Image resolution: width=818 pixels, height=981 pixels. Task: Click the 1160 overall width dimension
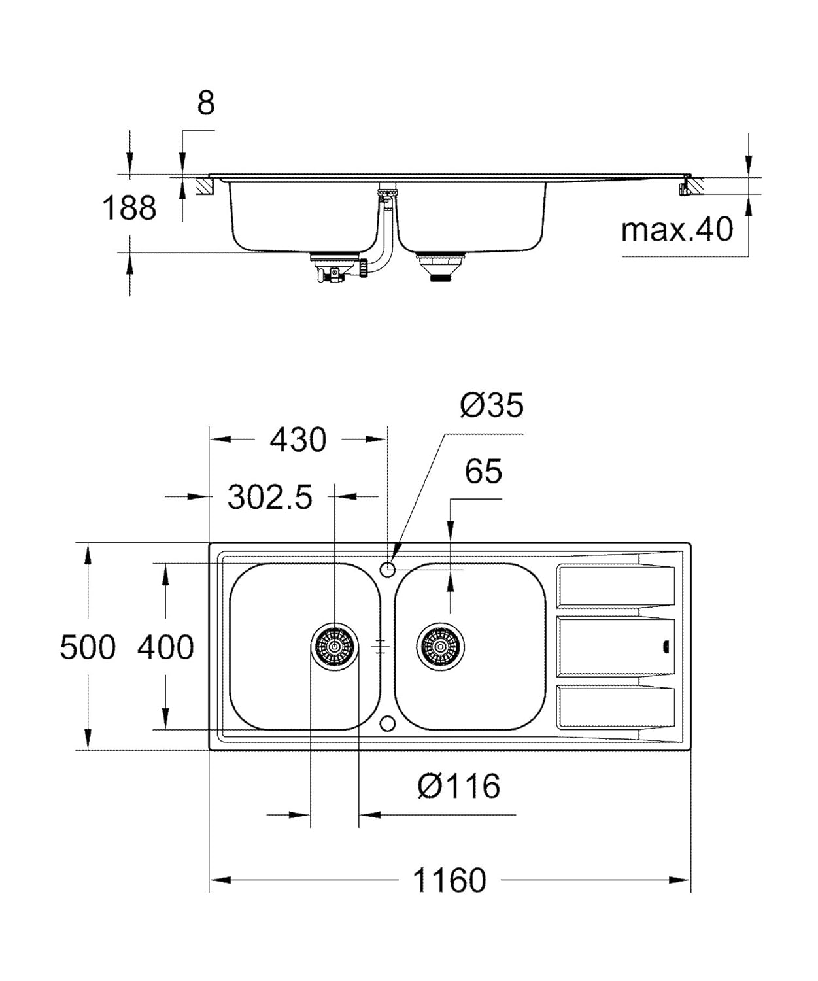coord(449,880)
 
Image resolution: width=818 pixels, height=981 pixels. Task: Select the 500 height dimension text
coord(87,647)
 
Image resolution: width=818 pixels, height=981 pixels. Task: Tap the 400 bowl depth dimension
coord(165,647)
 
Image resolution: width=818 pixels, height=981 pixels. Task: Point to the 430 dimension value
coord(298,440)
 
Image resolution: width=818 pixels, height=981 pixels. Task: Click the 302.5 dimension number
coord(269,498)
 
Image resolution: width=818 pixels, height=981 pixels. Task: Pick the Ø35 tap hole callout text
coord(492,405)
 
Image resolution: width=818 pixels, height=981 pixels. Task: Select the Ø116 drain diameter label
coord(459,786)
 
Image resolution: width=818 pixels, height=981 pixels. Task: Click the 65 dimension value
coord(483,472)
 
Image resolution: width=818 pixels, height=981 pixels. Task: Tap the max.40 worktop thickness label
coord(677,230)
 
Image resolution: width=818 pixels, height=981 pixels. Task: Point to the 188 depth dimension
coord(129,209)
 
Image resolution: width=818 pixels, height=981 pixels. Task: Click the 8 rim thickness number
coord(205,103)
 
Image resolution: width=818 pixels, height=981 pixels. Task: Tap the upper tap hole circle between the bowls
coord(388,568)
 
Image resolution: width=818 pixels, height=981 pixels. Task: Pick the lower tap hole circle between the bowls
coord(388,723)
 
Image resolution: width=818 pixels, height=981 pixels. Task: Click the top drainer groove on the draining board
coord(615,586)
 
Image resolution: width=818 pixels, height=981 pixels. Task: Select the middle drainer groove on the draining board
coord(615,647)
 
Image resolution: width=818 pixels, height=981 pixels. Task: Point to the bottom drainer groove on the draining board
coord(615,707)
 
